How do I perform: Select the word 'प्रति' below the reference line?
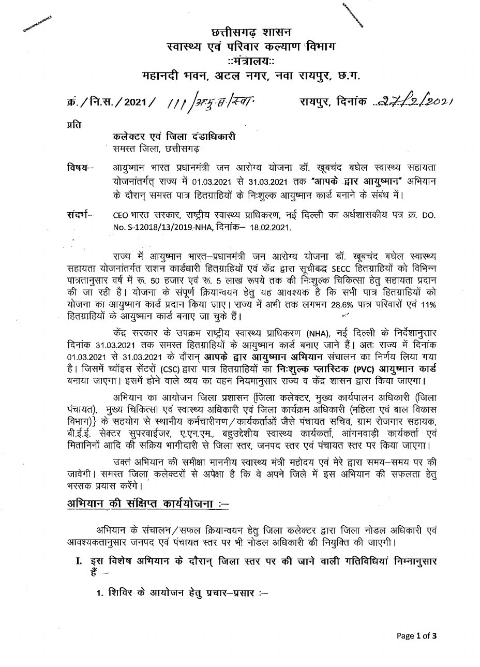pos(74,125)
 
